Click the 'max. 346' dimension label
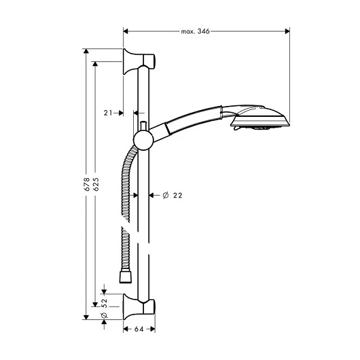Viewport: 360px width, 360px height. click(x=195, y=31)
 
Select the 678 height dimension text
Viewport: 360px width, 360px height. click(x=87, y=184)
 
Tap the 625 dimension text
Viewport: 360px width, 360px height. click(x=96, y=184)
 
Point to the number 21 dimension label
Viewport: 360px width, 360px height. click(x=108, y=113)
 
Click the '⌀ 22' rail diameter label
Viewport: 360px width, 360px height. click(x=173, y=196)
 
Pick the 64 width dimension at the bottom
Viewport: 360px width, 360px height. click(x=139, y=329)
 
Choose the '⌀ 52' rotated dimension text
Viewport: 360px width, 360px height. click(x=104, y=308)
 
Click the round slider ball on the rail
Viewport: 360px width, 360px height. click(x=143, y=140)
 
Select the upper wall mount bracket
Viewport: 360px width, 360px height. click(x=139, y=62)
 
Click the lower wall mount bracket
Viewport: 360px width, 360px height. click(x=139, y=307)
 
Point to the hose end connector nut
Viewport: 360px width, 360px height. click(x=126, y=277)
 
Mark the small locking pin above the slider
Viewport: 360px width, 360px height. click(x=143, y=126)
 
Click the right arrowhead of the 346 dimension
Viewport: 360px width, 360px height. click(x=287, y=31)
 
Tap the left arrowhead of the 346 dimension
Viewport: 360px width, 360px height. click(x=126, y=31)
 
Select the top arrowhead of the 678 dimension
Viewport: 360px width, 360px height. click(x=86, y=51)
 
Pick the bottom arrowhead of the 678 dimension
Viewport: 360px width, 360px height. click(x=86, y=317)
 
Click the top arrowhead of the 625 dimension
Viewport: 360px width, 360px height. click(x=95, y=64)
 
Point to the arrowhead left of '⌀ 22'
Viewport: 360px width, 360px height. click(x=151, y=196)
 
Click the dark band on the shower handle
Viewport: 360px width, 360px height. click(x=168, y=129)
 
